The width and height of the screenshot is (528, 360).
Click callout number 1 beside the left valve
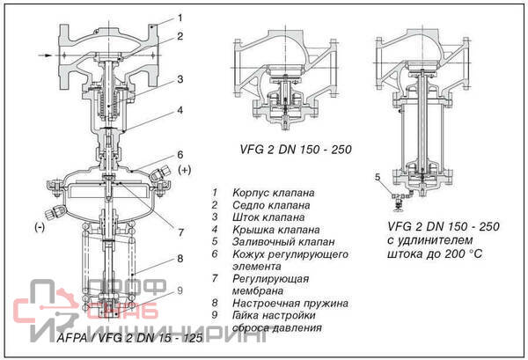[180, 17]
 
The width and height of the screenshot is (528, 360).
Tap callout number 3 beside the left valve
[180, 79]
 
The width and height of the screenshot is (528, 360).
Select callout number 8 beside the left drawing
[180, 259]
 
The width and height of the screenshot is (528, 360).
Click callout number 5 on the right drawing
[378, 177]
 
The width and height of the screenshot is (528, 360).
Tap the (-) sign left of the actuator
[40, 227]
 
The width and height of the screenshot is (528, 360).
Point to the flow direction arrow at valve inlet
[45, 55]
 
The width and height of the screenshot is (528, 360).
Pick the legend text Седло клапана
[268, 204]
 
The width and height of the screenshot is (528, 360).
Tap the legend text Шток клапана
[268, 217]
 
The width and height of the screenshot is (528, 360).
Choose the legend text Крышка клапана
[270, 229]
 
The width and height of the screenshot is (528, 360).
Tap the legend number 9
[214, 315]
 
